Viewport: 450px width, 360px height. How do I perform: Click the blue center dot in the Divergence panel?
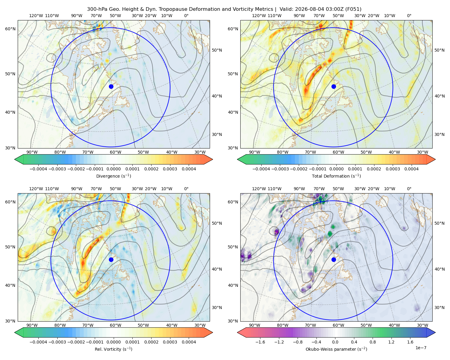click(111, 87)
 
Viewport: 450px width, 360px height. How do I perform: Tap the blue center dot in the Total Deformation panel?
click(334, 87)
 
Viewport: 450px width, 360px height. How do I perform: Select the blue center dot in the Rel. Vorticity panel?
click(111, 259)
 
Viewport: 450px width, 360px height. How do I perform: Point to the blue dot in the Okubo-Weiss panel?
click(334, 259)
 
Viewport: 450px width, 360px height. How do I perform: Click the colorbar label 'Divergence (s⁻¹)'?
click(113, 176)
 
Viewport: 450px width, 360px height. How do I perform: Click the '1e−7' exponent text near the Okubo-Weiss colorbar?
click(421, 348)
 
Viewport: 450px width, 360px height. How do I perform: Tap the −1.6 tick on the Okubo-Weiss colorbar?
click(260, 342)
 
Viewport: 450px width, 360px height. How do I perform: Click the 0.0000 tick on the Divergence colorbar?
click(113, 169)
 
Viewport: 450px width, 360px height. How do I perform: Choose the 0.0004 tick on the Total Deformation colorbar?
click(412, 169)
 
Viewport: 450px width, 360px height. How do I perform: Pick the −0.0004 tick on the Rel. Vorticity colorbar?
click(38, 342)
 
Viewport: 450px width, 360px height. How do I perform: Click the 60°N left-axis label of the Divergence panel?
click(10, 29)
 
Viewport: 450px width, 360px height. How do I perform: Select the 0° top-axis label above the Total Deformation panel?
click(409, 16)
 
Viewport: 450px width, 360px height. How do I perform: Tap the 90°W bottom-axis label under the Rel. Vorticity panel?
click(32, 325)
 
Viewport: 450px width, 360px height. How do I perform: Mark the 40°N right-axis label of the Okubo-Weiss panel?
click(439, 269)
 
